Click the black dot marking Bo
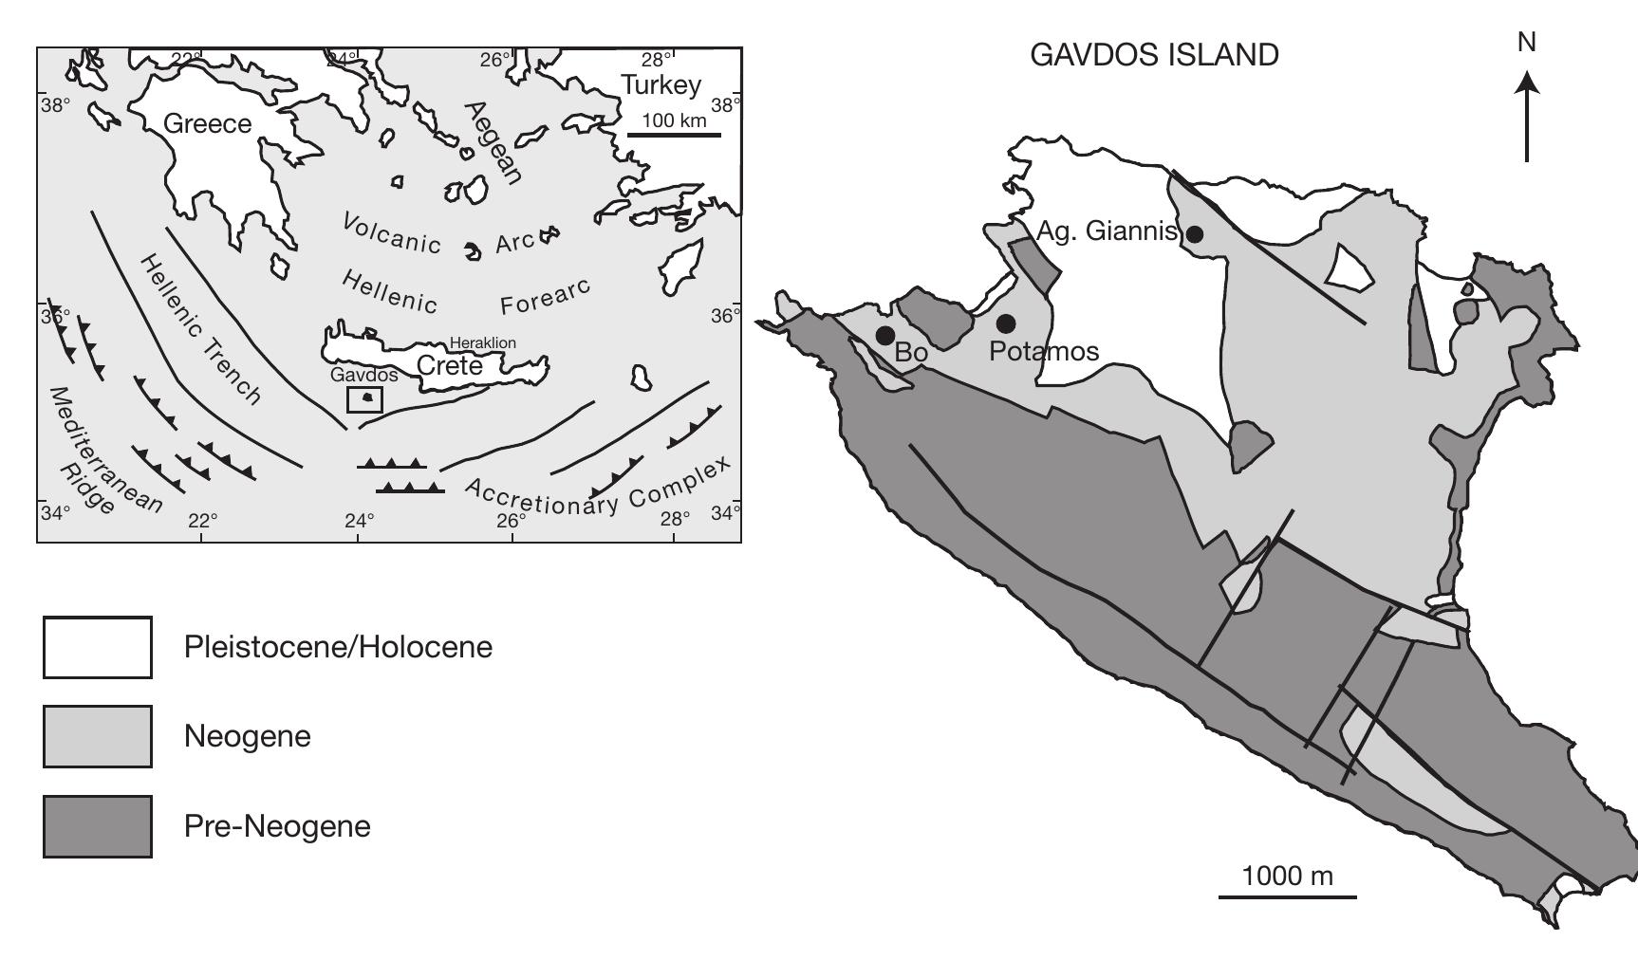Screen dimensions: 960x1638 [x=885, y=335]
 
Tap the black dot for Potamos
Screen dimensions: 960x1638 [x=1006, y=323]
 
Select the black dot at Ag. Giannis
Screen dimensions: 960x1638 [x=1196, y=233]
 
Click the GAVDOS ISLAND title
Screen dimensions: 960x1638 [x=1154, y=55]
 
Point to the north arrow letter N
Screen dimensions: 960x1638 [x=1527, y=43]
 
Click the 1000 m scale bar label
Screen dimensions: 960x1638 [x=1287, y=876]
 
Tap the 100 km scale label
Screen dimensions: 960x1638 [x=674, y=120]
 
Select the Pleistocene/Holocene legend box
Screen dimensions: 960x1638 [x=97, y=648]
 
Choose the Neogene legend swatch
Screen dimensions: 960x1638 [x=97, y=736]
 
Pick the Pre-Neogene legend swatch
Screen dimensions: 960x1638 [x=97, y=826]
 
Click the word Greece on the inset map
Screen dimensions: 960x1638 [x=208, y=124]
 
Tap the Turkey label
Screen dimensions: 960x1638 [x=661, y=85]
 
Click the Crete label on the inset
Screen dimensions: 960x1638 [x=450, y=365]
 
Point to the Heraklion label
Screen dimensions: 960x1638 [x=483, y=342]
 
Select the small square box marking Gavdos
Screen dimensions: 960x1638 [x=365, y=399]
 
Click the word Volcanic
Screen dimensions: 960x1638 [x=391, y=232]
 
